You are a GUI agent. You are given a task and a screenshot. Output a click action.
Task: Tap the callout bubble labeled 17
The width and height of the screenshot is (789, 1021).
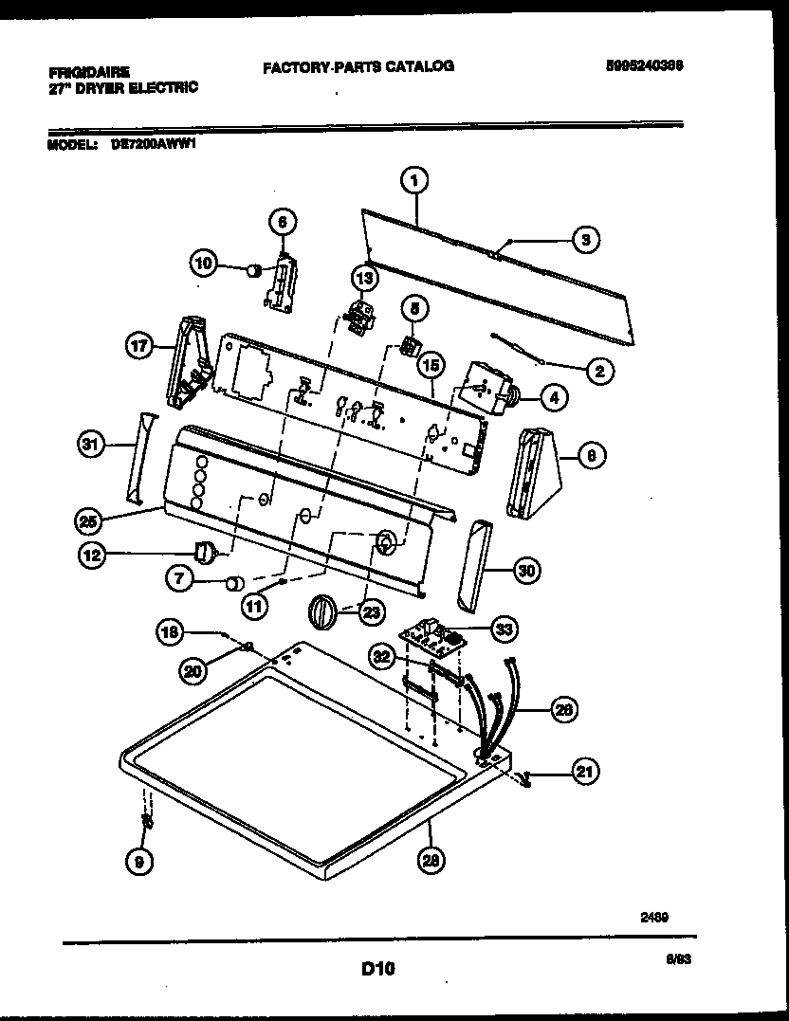pyautogui.click(x=140, y=347)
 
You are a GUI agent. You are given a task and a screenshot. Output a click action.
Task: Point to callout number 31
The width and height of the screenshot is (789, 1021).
pyautogui.click(x=90, y=444)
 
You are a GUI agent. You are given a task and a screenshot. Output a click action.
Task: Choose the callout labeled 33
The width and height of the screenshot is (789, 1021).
pyautogui.click(x=505, y=628)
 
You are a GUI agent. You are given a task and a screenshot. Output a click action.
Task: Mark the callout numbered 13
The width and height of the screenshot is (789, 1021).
pyautogui.click(x=364, y=277)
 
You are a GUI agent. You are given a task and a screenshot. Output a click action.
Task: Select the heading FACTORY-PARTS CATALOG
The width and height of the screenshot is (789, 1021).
pyautogui.click(x=358, y=65)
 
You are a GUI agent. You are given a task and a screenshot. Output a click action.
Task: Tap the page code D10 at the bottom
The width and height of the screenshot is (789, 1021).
pyautogui.click(x=377, y=969)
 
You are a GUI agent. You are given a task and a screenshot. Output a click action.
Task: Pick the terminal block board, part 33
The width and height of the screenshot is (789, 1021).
pyautogui.click(x=433, y=637)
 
